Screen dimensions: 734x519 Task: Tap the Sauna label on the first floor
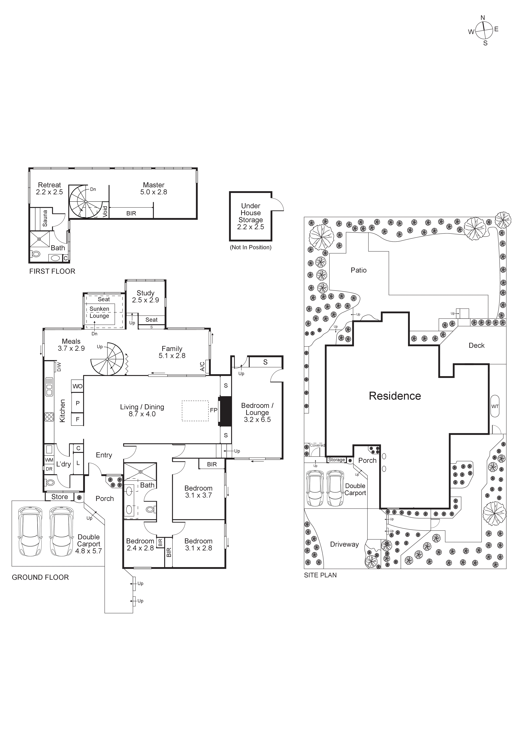45,218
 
